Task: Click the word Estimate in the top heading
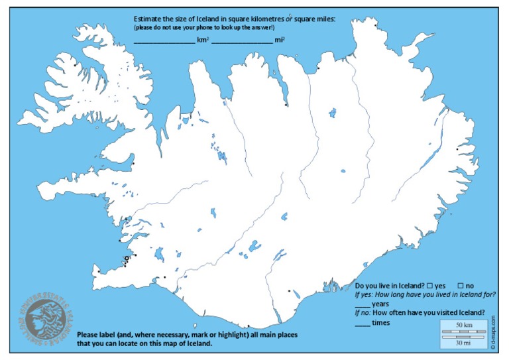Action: coord(147,19)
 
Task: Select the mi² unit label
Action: coord(280,40)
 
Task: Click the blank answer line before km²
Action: coord(164,41)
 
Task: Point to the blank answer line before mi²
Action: coord(242,41)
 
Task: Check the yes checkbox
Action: coord(431,285)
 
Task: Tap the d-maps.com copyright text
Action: coord(493,331)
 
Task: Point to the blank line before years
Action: coord(363,304)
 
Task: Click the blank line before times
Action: coord(363,324)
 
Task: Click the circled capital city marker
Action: coord(127,259)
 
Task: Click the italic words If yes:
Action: coord(365,294)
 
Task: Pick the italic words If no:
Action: coord(365,314)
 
